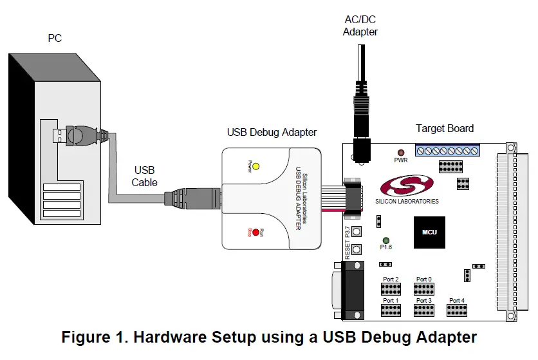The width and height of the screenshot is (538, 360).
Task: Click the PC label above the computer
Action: tap(55, 39)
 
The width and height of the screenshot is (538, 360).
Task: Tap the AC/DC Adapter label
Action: tap(360, 26)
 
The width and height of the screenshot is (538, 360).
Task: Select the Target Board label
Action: tap(444, 128)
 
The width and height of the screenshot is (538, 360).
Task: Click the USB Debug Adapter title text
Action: tap(272, 132)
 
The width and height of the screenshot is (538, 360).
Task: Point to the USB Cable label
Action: tap(144, 176)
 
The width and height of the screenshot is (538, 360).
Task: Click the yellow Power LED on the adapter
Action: tap(255, 166)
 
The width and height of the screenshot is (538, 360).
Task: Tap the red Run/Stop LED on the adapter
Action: tap(255, 232)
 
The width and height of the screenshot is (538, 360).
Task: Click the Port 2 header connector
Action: tap(391, 289)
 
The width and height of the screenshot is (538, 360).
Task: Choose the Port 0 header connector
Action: tap(423, 289)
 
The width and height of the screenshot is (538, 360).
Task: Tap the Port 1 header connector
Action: tap(391, 310)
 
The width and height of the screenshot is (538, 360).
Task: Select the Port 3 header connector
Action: tap(423, 310)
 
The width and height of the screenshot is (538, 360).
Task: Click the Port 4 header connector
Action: tap(456, 310)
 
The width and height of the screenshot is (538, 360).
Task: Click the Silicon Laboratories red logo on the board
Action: tap(407, 186)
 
